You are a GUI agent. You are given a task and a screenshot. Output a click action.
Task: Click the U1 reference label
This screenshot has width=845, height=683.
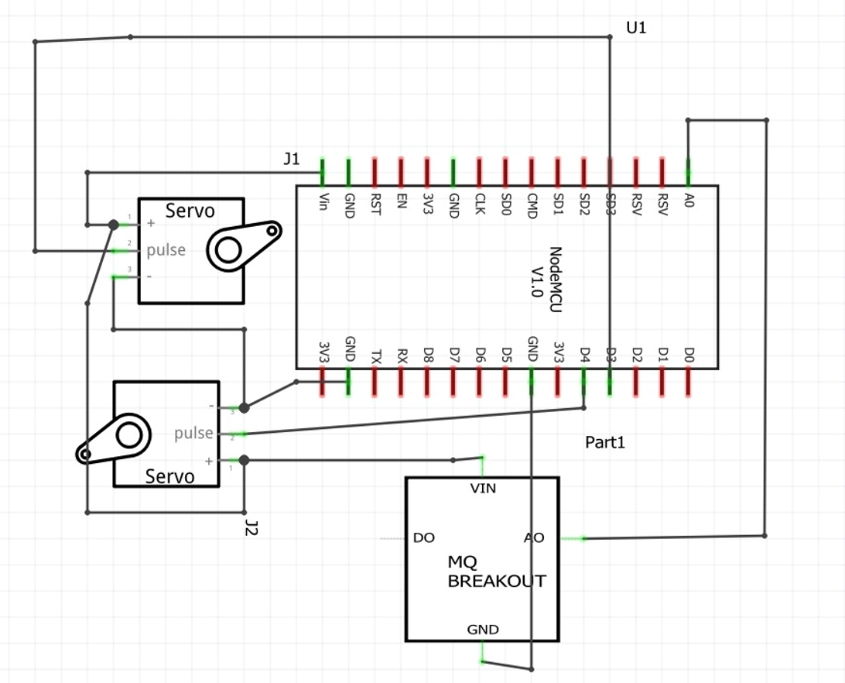(636, 28)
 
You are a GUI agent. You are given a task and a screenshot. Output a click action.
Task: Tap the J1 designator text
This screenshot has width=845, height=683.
(292, 159)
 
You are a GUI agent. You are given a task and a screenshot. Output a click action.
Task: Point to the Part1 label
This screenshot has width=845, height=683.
(605, 442)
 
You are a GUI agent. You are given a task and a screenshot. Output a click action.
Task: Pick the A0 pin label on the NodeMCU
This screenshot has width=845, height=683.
(689, 200)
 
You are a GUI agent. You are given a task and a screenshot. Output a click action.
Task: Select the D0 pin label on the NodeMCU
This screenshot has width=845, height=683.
(689, 354)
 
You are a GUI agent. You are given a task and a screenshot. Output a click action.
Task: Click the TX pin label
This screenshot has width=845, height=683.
(376, 356)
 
